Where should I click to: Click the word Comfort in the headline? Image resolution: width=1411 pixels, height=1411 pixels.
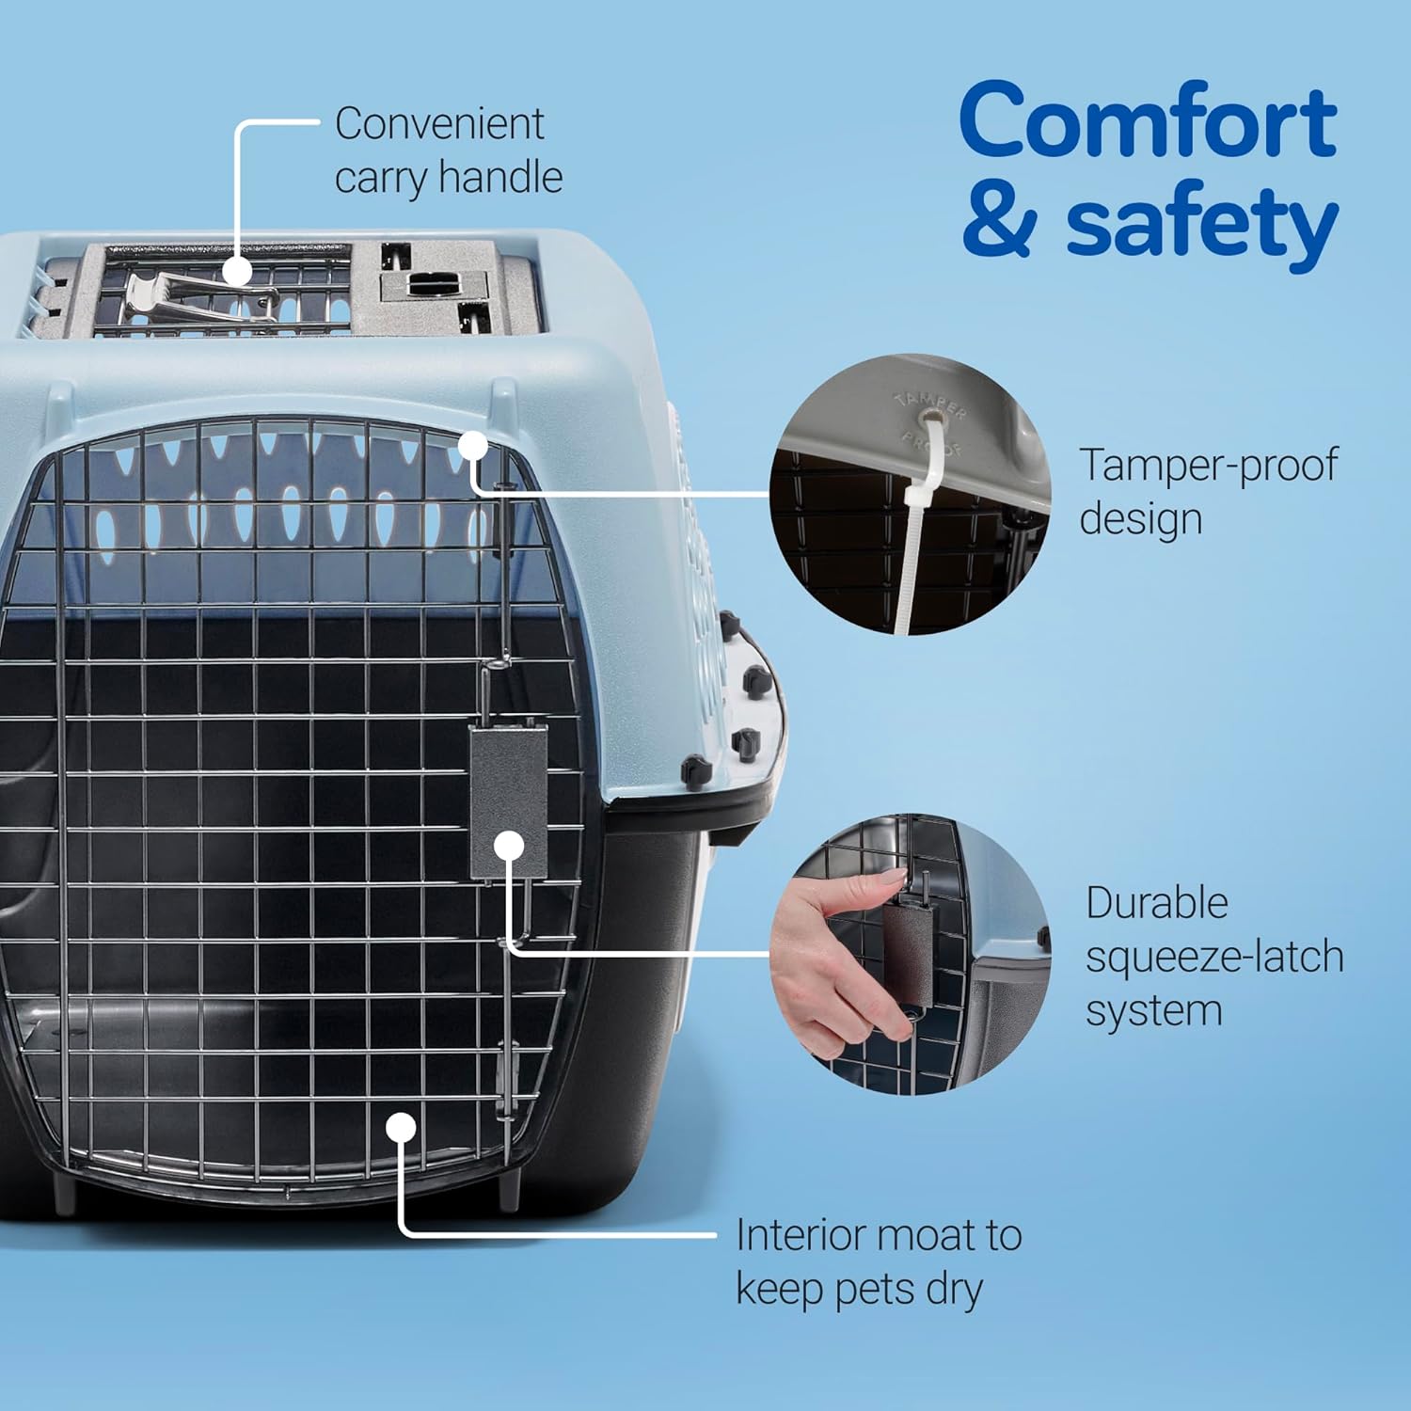[x=1148, y=122]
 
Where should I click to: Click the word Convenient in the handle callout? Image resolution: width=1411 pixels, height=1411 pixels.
[x=439, y=124]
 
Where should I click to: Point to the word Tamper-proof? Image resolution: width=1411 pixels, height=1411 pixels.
[x=1208, y=466]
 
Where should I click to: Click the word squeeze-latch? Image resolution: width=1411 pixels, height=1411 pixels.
[x=1214, y=958]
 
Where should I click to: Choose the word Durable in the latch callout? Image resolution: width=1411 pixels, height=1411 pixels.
[x=1157, y=904]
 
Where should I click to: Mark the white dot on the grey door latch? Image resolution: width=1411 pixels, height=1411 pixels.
[x=509, y=846]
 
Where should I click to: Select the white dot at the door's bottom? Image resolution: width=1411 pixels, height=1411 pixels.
[x=401, y=1128]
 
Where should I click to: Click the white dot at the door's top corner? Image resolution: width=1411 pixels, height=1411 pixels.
[x=473, y=446]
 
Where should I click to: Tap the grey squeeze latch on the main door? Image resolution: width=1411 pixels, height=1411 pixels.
[x=509, y=790]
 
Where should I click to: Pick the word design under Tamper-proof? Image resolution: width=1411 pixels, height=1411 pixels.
[x=1141, y=519]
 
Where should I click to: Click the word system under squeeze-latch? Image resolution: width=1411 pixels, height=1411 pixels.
[x=1154, y=1012]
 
